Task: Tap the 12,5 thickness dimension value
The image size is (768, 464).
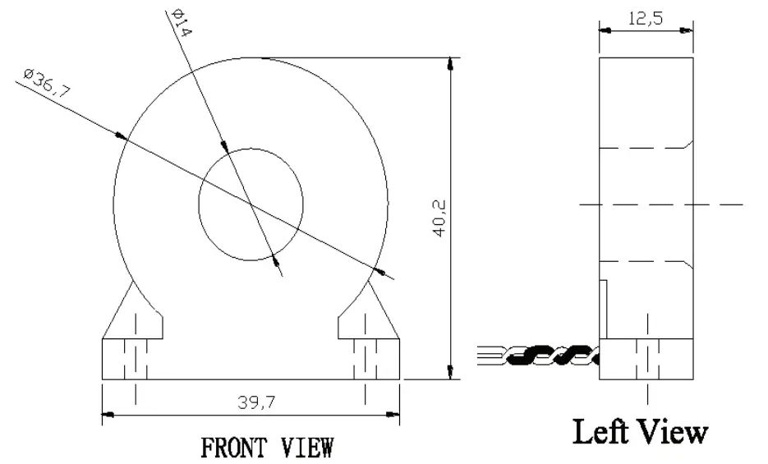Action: pos(646,18)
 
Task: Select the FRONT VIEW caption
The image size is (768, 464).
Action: pos(268,448)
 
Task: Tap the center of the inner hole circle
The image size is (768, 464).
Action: pos(251,202)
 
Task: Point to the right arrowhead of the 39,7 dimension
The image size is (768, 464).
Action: pos(394,413)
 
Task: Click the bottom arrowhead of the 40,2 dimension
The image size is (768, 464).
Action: pos(449,374)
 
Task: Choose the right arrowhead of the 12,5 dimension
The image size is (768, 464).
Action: pos(689,30)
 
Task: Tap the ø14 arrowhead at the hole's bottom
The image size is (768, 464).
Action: pos(276,261)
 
